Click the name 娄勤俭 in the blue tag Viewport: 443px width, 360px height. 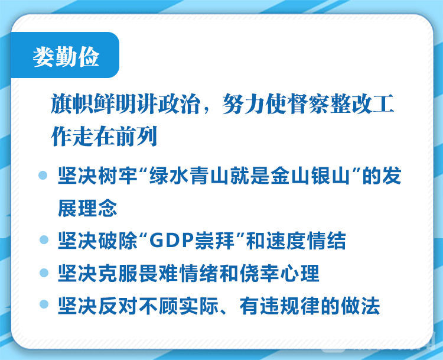pyautogui.click(x=66, y=57)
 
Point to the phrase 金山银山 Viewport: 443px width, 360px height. pyautogui.click(x=310, y=176)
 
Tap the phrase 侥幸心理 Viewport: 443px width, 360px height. pyautogui.click(x=280, y=273)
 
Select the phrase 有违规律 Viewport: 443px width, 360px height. pyautogui.click(x=280, y=306)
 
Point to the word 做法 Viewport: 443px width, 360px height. pyautogui.click(x=360, y=306)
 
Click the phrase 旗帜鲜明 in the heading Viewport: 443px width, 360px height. pyautogui.click(x=93, y=103)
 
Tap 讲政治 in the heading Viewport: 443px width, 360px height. pyautogui.click(x=169, y=103)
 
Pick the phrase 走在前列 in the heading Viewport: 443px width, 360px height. pyautogui.click(x=115, y=136)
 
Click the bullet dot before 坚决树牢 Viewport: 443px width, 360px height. pyautogui.click(x=43, y=175)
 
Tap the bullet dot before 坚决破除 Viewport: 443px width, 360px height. pyautogui.click(x=44, y=240)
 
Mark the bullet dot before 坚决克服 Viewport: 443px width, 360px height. pyautogui.click(x=44, y=273)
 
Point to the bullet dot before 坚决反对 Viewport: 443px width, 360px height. pyautogui.click(x=44, y=304)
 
